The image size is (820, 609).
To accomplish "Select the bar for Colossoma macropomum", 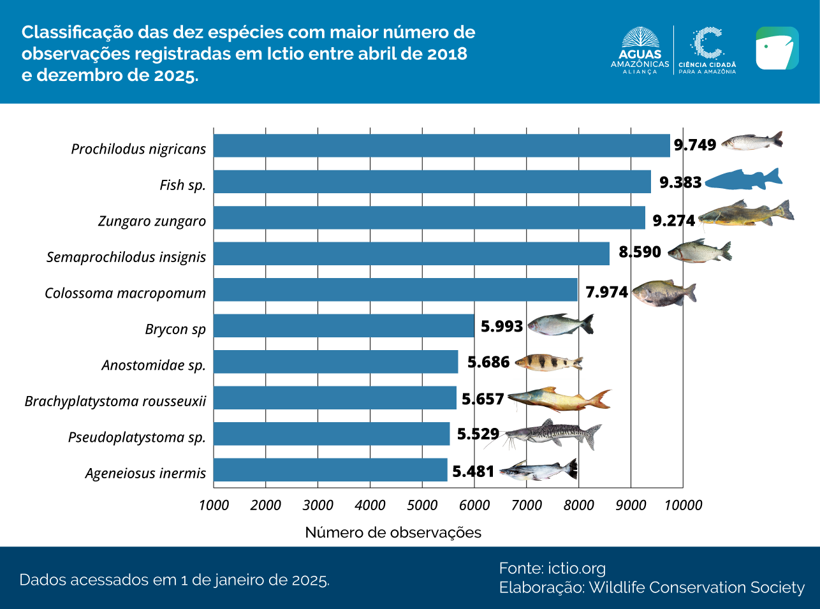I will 395,290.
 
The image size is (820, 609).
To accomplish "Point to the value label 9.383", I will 680,182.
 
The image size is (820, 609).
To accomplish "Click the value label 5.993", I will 502,326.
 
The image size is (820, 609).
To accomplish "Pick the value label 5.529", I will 478,434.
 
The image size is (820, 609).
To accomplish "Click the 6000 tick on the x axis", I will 474,505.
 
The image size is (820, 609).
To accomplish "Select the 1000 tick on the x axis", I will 214,505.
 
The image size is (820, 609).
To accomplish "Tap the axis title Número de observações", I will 393,532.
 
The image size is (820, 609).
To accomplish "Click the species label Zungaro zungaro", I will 152,221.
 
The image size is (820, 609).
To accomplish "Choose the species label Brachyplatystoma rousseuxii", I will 115,401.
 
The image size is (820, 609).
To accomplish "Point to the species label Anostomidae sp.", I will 154,365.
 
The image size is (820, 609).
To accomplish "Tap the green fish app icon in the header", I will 777,48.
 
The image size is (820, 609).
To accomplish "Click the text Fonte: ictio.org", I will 552,568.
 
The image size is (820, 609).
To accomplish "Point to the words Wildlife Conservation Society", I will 696,587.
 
